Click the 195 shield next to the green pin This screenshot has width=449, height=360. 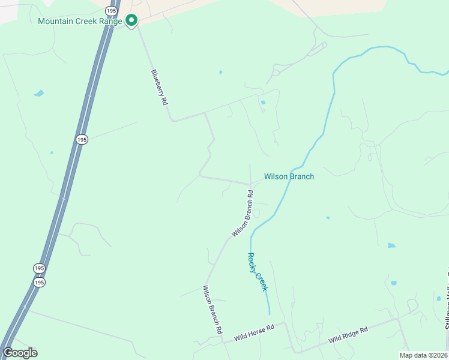[x=111, y=10]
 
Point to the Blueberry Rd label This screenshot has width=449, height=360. [x=158, y=88]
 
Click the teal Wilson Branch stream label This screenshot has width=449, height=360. [x=289, y=176]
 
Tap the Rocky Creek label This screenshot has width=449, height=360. [x=258, y=271]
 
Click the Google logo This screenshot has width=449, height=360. [x=20, y=353]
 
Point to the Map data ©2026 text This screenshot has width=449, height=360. [x=423, y=355]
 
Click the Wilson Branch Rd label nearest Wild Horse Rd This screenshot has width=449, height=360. [x=212, y=310]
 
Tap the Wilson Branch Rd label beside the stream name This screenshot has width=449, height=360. [x=243, y=213]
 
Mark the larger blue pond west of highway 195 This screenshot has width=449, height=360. [x=39, y=93]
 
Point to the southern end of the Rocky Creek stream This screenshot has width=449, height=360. [x=270, y=313]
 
